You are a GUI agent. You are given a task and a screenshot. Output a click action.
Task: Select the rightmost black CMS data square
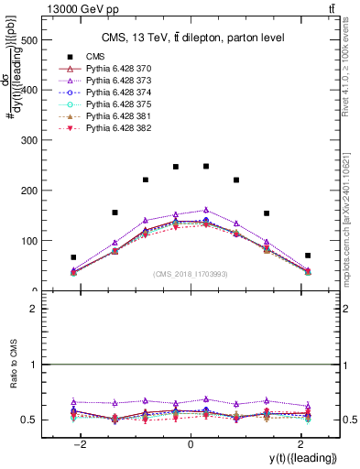pos(308,256)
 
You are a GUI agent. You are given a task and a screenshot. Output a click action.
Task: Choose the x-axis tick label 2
pos(300,443)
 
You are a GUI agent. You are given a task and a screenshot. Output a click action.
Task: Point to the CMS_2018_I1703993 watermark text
pos(190,274)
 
